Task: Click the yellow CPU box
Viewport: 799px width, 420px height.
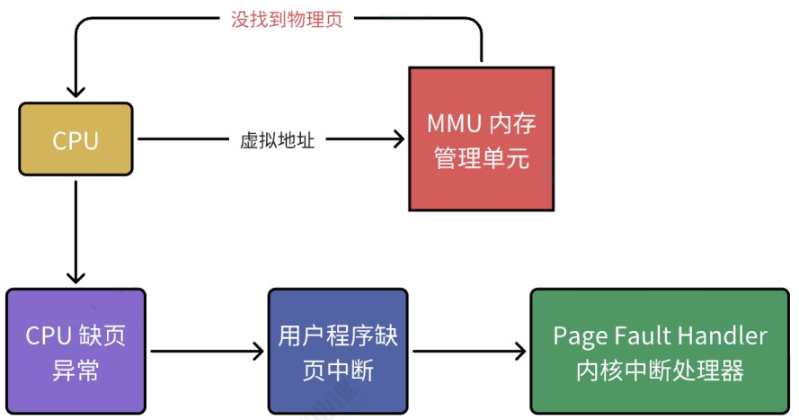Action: click(x=75, y=139)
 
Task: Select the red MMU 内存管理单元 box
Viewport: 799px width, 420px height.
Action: click(x=481, y=139)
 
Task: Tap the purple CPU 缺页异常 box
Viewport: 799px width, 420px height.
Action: click(x=75, y=352)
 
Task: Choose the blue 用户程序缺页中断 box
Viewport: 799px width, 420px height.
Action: click(x=338, y=352)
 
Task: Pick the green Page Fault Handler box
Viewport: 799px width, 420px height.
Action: click(x=660, y=352)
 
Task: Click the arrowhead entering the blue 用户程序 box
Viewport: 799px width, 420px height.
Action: click(x=261, y=352)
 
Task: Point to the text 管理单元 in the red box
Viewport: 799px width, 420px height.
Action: click(x=481, y=159)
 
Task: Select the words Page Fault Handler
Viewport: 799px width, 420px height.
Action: click(x=660, y=336)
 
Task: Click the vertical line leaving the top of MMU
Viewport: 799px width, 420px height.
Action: click(x=482, y=49)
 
